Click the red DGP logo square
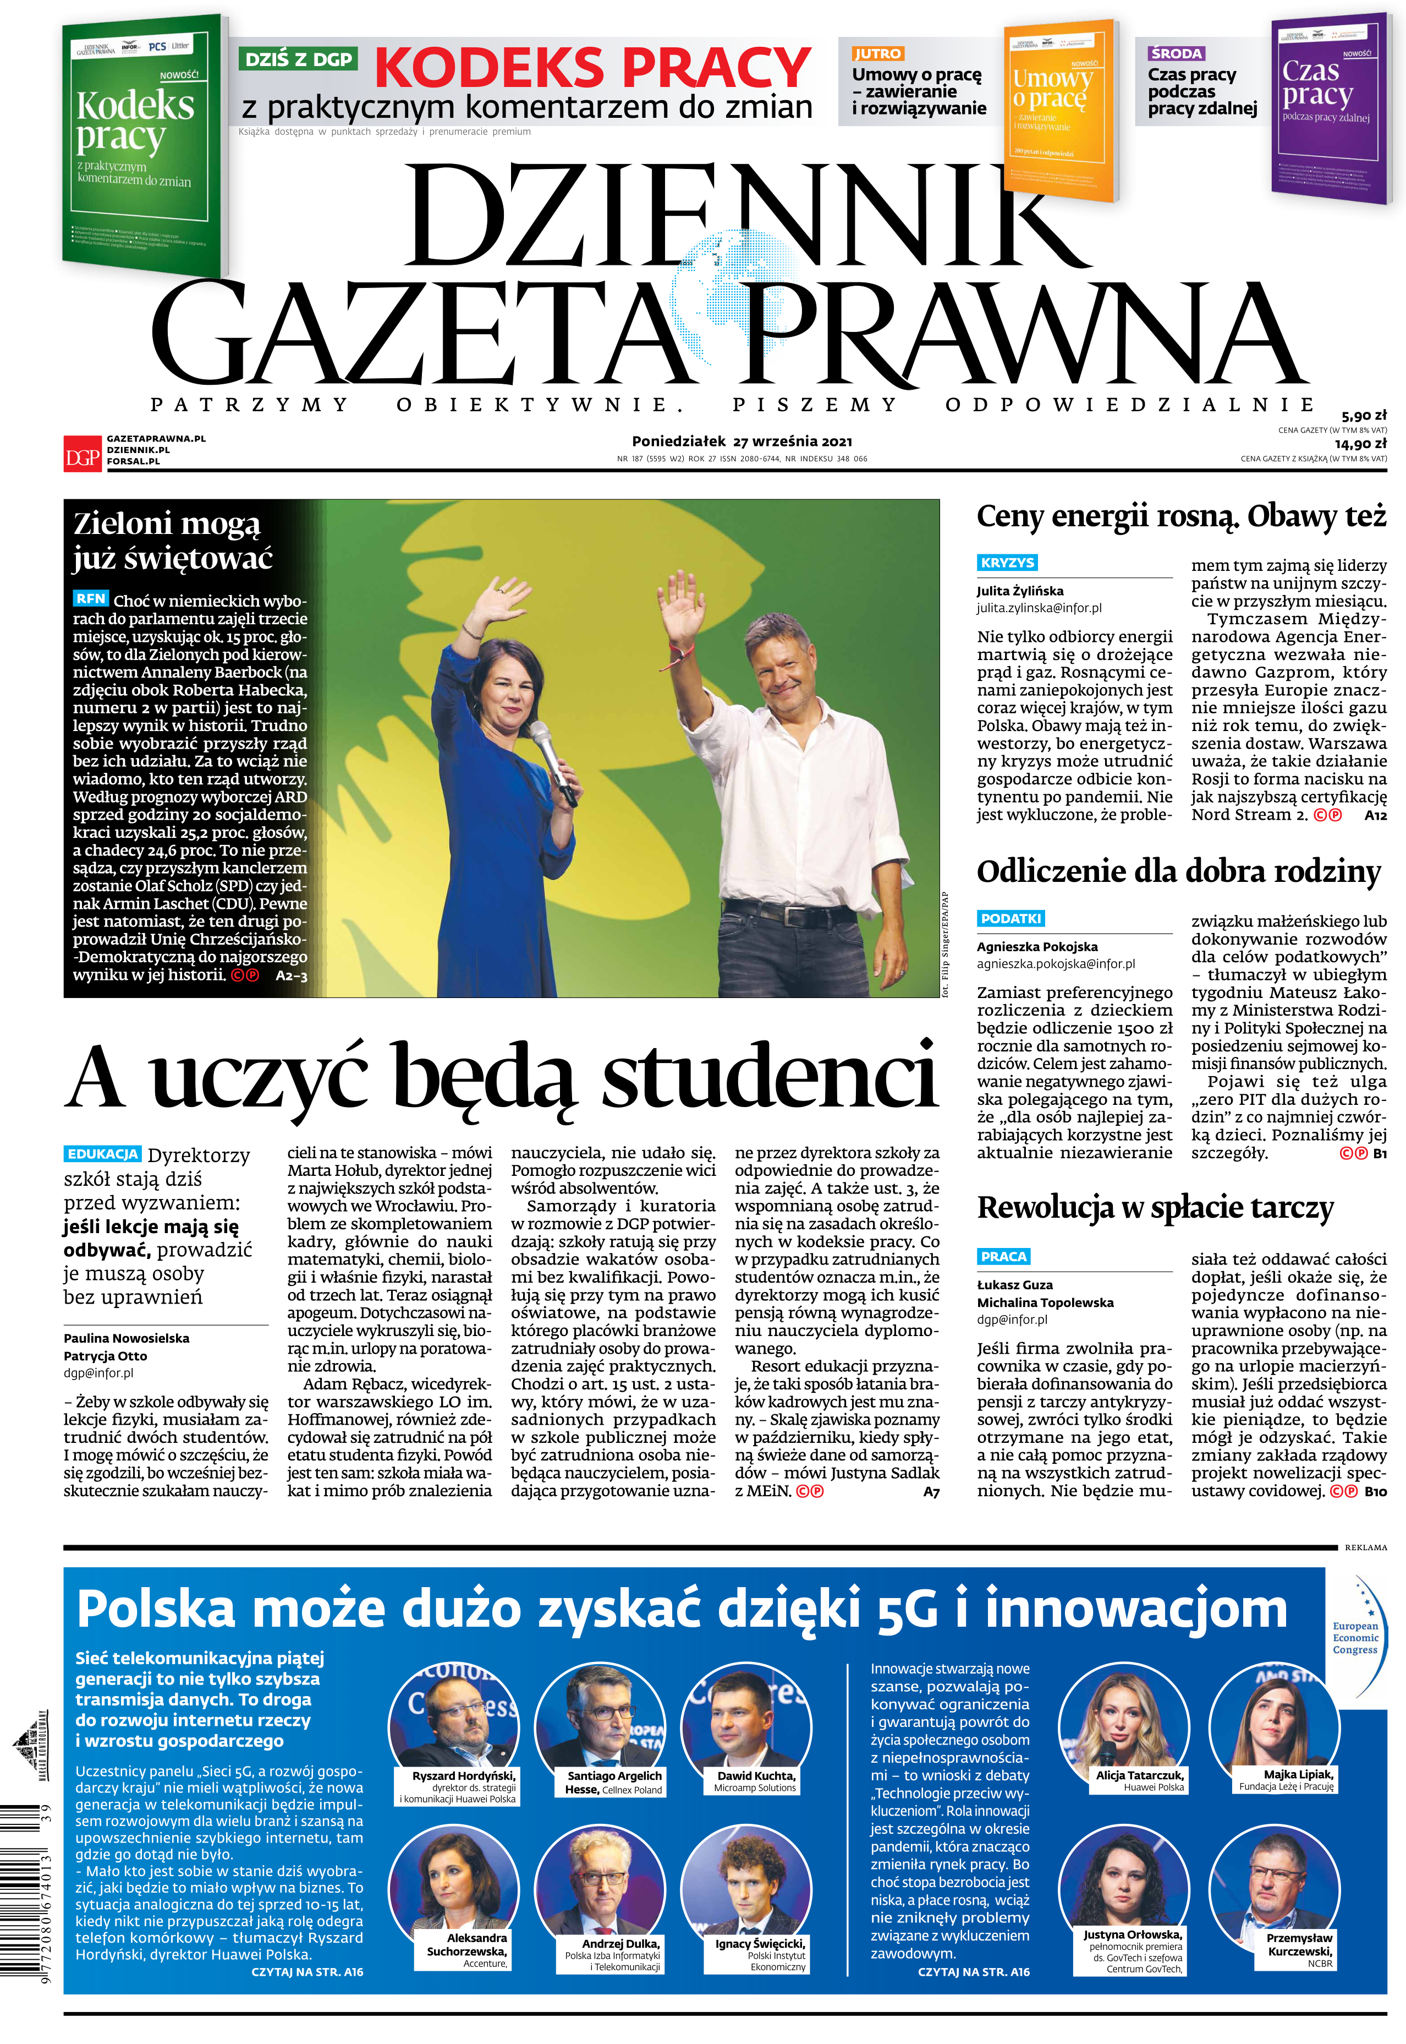click(82, 451)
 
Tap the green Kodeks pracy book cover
click(141, 145)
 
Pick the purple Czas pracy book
click(1327, 106)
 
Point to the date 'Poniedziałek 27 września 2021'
click(742, 441)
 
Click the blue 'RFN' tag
click(91, 598)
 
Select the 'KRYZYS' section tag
click(1007, 563)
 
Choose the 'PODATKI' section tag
click(1010, 918)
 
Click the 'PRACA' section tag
click(1003, 1257)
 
